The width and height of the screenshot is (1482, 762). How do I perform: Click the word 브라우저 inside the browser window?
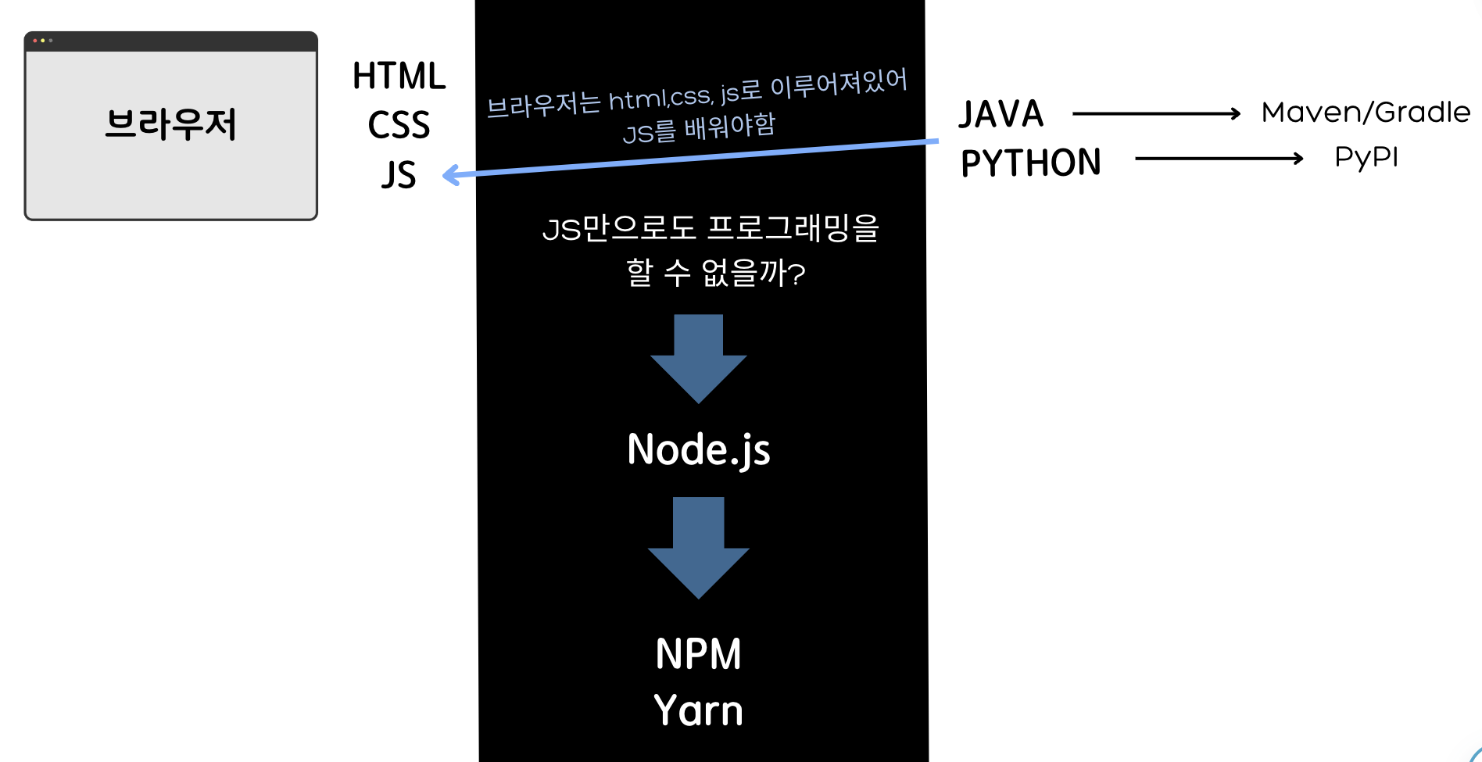tap(170, 124)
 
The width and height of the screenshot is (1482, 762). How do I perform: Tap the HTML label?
tap(399, 77)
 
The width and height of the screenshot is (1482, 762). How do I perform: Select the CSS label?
tap(399, 125)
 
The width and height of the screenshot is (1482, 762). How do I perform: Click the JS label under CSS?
tap(399, 175)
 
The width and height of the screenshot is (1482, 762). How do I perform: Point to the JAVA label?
tap(1001, 114)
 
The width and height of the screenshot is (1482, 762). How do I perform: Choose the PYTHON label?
tap(1030, 163)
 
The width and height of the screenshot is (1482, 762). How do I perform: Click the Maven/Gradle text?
tap(1366, 113)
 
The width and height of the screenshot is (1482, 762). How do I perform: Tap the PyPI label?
tap(1366, 157)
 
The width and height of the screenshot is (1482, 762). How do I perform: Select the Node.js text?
tap(698, 450)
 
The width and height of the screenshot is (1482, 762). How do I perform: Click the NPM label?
tap(698, 654)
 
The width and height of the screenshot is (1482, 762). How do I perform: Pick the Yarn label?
tap(698, 710)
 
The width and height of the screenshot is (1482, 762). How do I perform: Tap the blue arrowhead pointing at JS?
tap(450, 175)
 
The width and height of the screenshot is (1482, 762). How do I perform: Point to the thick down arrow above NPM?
tap(698, 546)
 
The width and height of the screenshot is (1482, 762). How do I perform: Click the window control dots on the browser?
tap(42, 41)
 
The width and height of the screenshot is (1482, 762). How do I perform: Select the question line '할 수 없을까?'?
tap(715, 273)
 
